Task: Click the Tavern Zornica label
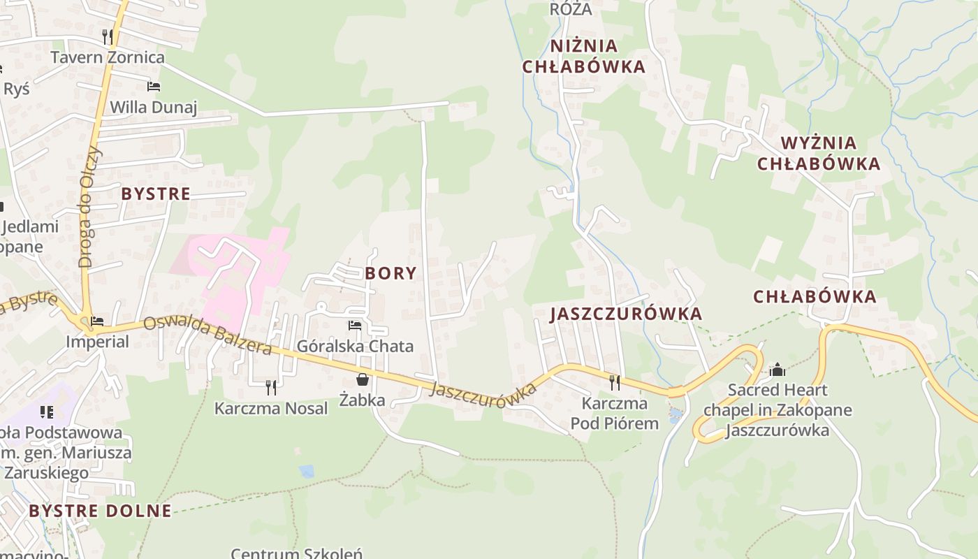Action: (108, 57)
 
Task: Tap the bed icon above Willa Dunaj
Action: (154, 87)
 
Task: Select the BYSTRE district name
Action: (156, 194)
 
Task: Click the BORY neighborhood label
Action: (391, 273)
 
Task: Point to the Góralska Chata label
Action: (355, 346)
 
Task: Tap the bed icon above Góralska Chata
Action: (355, 326)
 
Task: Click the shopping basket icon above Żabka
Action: (363, 379)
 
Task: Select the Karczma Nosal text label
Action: (271, 408)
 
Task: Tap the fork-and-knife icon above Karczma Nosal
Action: (271, 386)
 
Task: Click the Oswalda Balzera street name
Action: (207, 336)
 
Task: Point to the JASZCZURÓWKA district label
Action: (626, 314)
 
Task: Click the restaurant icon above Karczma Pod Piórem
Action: (614, 382)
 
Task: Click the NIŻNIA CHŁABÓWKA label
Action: (597, 56)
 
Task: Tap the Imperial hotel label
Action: (97, 342)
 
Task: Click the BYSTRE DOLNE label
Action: (100, 511)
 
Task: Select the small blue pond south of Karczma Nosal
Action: (306, 472)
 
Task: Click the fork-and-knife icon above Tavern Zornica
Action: (108, 36)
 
